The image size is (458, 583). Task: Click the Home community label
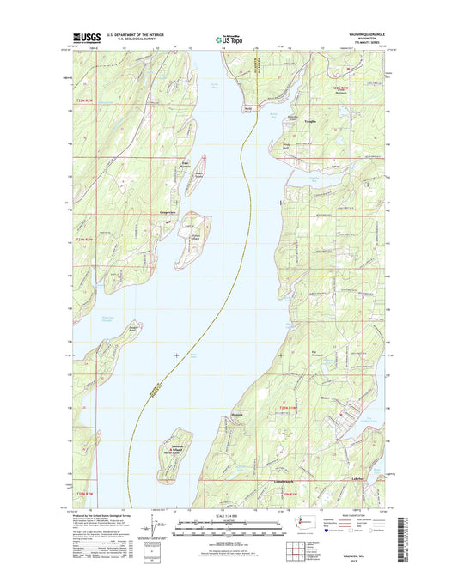point(327,397)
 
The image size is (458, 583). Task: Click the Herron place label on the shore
point(262,399)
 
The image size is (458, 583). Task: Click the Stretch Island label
point(196,238)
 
